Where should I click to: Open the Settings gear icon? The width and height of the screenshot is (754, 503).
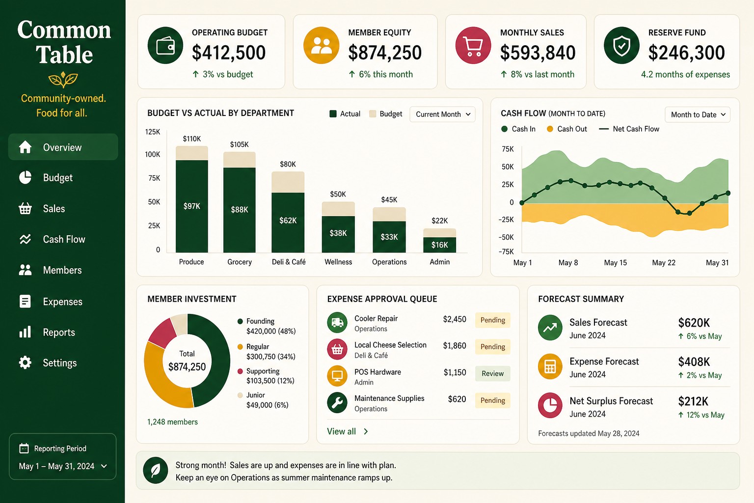[25, 363]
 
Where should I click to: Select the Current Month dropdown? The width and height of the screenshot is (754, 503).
[442, 114]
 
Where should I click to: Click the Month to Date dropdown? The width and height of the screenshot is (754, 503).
[698, 114]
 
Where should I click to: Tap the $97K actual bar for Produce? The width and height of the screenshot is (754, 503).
[192, 206]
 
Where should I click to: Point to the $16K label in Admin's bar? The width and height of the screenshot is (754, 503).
[440, 245]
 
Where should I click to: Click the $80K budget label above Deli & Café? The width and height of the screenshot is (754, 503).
[288, 164]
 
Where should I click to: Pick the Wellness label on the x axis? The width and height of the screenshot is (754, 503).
[338, 262]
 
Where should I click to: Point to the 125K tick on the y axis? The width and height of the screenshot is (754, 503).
[153, 132]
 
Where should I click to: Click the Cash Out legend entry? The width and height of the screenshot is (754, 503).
[567, 129]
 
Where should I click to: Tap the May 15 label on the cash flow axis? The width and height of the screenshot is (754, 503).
[615, 263]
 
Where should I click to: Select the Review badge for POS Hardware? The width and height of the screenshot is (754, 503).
[492, 373]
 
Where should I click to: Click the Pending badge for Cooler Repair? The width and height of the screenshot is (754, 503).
[492, 320]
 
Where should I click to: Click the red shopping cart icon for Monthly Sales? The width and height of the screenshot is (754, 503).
[473, 46]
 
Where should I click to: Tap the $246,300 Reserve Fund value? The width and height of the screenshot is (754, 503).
[686, 53]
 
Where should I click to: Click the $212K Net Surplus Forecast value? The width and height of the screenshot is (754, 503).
[693, 401]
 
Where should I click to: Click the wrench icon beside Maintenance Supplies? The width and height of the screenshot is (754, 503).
[337, 403]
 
